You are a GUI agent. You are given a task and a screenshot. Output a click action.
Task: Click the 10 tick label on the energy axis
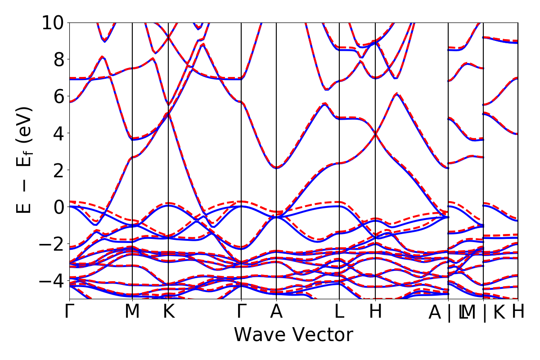(x=54, y=22)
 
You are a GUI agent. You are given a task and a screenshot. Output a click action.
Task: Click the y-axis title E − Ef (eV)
(x=25, y=160)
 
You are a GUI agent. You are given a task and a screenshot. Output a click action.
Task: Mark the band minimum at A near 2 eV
(x=276, y=168)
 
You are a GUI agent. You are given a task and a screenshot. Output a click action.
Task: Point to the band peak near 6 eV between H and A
(x=396, y=94)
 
